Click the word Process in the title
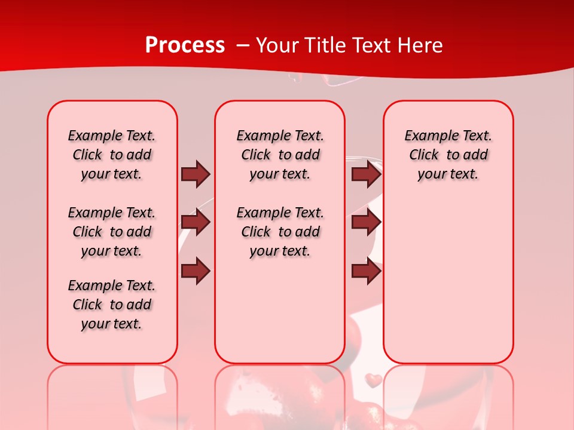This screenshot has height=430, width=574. pyautogui.click(x=185, y=45)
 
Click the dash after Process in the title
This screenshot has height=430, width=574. pyautogui.click(x=243, y=46)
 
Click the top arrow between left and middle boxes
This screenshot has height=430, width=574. pyautogui.click(x=196, y=174)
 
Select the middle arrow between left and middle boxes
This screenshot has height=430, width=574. pyautogui.click(x=196, y=223)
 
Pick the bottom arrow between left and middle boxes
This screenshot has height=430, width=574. pyautogui.click(x=196, y=271)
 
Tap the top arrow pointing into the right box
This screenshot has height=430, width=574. pyautogui.click(x=366, y=174)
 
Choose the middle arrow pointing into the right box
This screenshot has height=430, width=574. pyautogui.click(x=366, y=223)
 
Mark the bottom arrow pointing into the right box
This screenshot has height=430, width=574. pyautogui.click(x=366, y=271)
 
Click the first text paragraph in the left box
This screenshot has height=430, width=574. pyautogui.click(x=112, y=155)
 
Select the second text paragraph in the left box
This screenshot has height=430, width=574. pyautogui.click(x=112, y=232)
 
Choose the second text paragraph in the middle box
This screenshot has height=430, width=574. pyautogui.click(x=280, y=232)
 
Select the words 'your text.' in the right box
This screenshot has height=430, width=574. pyautogui.click(x=448, y=174)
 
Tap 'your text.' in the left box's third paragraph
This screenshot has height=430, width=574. pyautogui.click(x=112, y=324)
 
